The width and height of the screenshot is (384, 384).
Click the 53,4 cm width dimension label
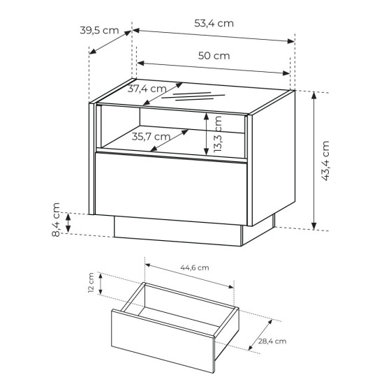(x=214, y=24)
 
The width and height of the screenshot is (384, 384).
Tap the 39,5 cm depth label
(x=99, y=31)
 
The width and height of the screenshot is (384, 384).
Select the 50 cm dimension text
(x=214, y=56)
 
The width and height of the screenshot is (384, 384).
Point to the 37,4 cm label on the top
(x=147, y=89)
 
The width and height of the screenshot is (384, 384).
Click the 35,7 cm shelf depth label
(x=151, y=137)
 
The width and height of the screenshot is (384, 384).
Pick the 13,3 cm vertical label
(x=217, y=134)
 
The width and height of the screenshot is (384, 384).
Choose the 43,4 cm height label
(x=326, y=161)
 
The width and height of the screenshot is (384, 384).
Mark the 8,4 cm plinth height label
(x=56, y=220)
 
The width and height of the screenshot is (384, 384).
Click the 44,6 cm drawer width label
(x=195, y=267)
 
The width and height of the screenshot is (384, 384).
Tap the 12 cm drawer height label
(x=91, y=283)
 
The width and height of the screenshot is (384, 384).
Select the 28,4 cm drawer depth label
(x=272, y=341)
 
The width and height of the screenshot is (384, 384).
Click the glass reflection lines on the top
(x=193, y=96)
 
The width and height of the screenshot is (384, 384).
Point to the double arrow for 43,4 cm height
(x=314, y=161)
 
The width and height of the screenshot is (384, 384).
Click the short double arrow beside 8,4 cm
(x=68, y=223)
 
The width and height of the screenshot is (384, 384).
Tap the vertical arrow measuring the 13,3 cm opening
(x=207, y=134)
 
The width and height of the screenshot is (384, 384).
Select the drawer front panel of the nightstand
(x=171, y=189)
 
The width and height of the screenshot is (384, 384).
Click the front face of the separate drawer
(x=163, y=341)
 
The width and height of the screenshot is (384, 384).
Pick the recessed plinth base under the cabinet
(x=178, y=230)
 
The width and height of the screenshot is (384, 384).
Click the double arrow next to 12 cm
(x=101, y=284)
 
